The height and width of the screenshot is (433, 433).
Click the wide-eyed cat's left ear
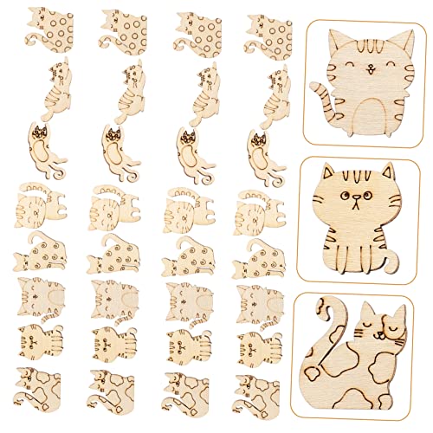tap(327, 171)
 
